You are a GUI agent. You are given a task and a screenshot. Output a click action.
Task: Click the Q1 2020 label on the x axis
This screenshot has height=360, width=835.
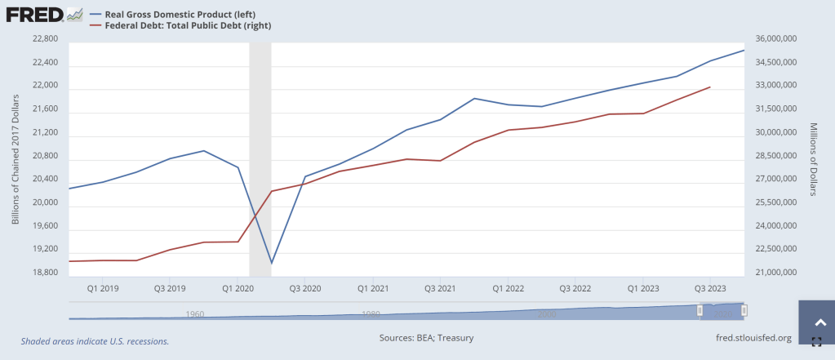tap(238, 288)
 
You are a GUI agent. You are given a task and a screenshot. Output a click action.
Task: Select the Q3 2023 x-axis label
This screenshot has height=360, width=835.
tap(709, 288)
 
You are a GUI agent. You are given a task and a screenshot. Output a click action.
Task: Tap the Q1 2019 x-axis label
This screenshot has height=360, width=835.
tap(103, 288)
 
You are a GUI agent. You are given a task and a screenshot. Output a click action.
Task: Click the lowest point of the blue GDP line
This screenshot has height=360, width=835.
tap(271, 264)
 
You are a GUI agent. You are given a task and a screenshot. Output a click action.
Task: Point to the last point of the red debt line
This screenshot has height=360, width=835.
tap(709, 87)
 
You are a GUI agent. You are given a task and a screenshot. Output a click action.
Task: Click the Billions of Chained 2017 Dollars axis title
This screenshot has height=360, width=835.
tap(16, 159)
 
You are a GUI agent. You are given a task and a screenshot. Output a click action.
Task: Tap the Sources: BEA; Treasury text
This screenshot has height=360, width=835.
tap(426, 337)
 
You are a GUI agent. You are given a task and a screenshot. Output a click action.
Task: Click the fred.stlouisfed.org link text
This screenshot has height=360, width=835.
tap(752, 337)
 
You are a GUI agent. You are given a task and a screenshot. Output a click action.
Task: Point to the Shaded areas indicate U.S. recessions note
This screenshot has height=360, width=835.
tap(95, 340)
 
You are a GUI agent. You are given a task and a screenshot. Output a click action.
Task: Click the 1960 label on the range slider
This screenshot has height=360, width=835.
tap(194, 313)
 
